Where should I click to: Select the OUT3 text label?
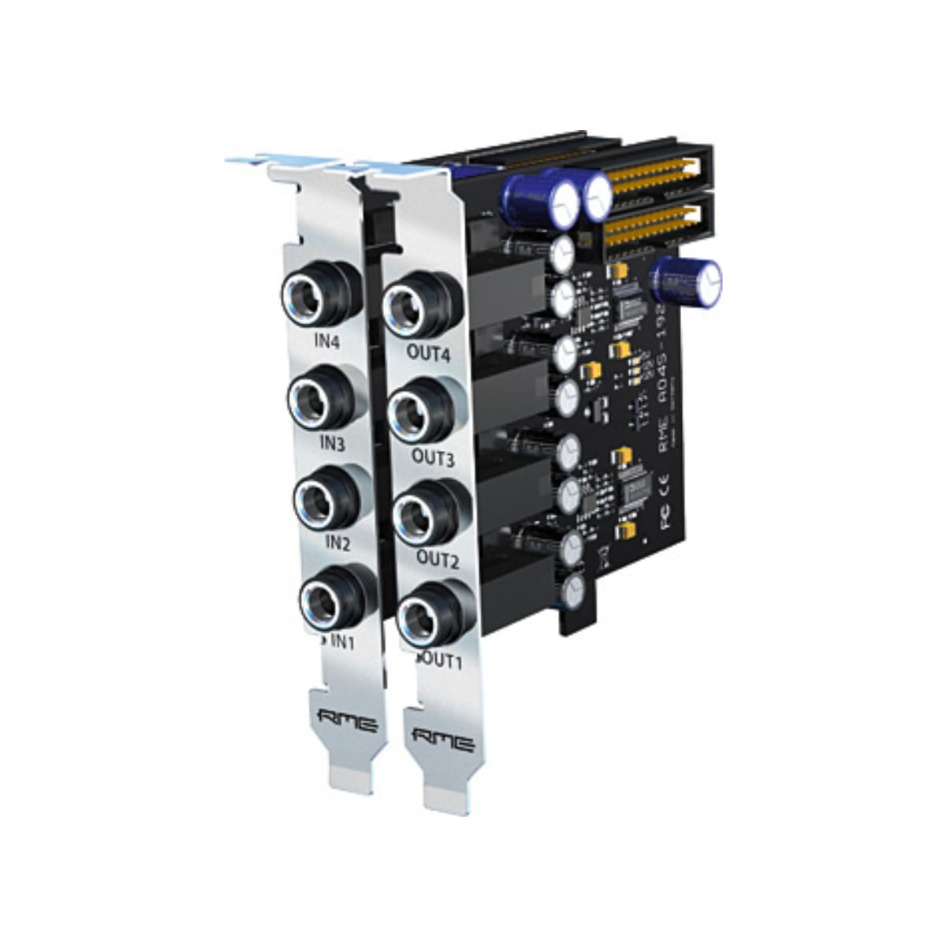pos(433,457)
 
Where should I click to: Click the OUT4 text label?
pos(428,354)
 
